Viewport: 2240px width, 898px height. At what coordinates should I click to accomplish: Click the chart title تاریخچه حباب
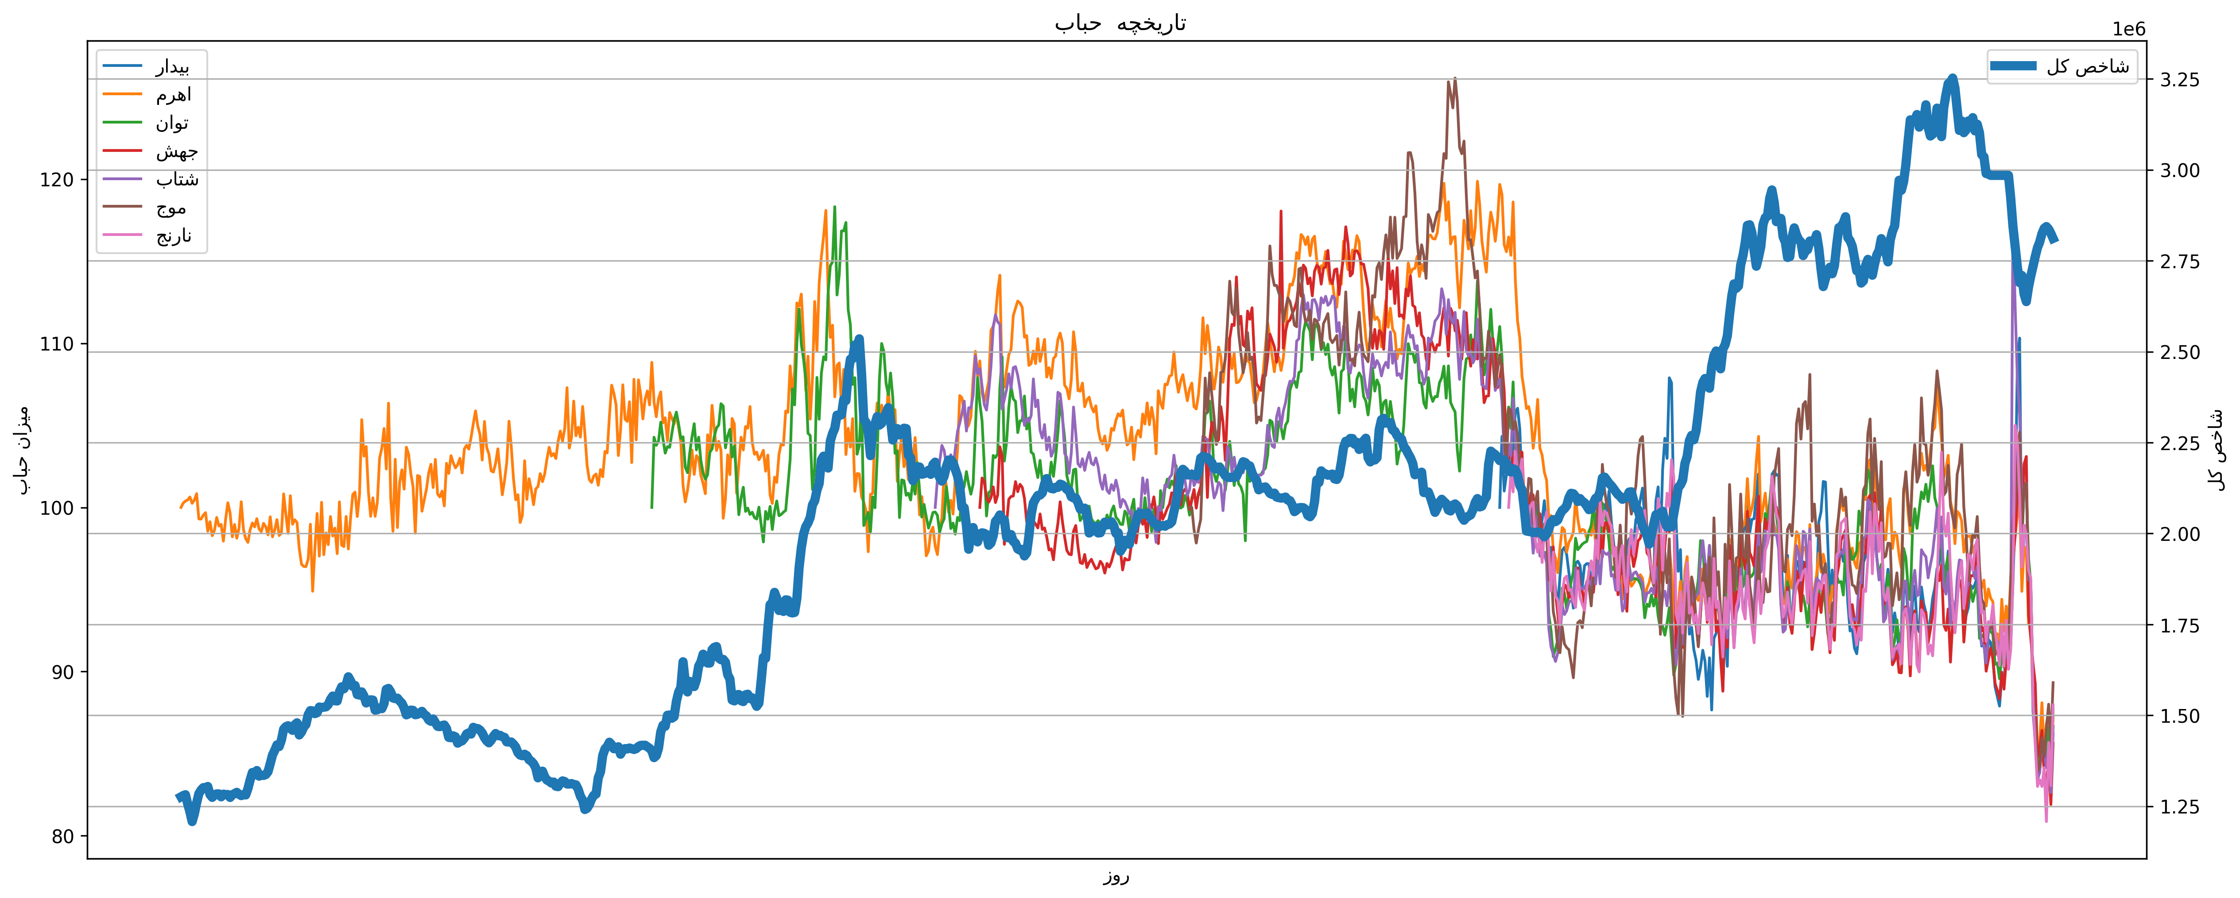click(x=1120, y=23)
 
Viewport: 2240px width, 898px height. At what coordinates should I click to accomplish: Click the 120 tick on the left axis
click(x=57, y=180)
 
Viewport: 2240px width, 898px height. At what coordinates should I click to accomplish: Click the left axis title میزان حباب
click(x=23, y=449)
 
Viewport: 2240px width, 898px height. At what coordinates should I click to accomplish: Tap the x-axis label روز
click(x=1116, y=876)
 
